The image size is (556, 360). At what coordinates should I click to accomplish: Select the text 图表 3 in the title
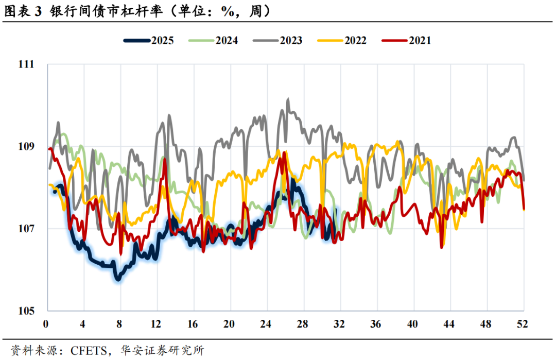coord(22,11)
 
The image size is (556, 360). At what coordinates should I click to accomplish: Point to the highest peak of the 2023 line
coord(288,99)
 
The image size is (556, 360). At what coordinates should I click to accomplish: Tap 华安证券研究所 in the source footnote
coord(161,351)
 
